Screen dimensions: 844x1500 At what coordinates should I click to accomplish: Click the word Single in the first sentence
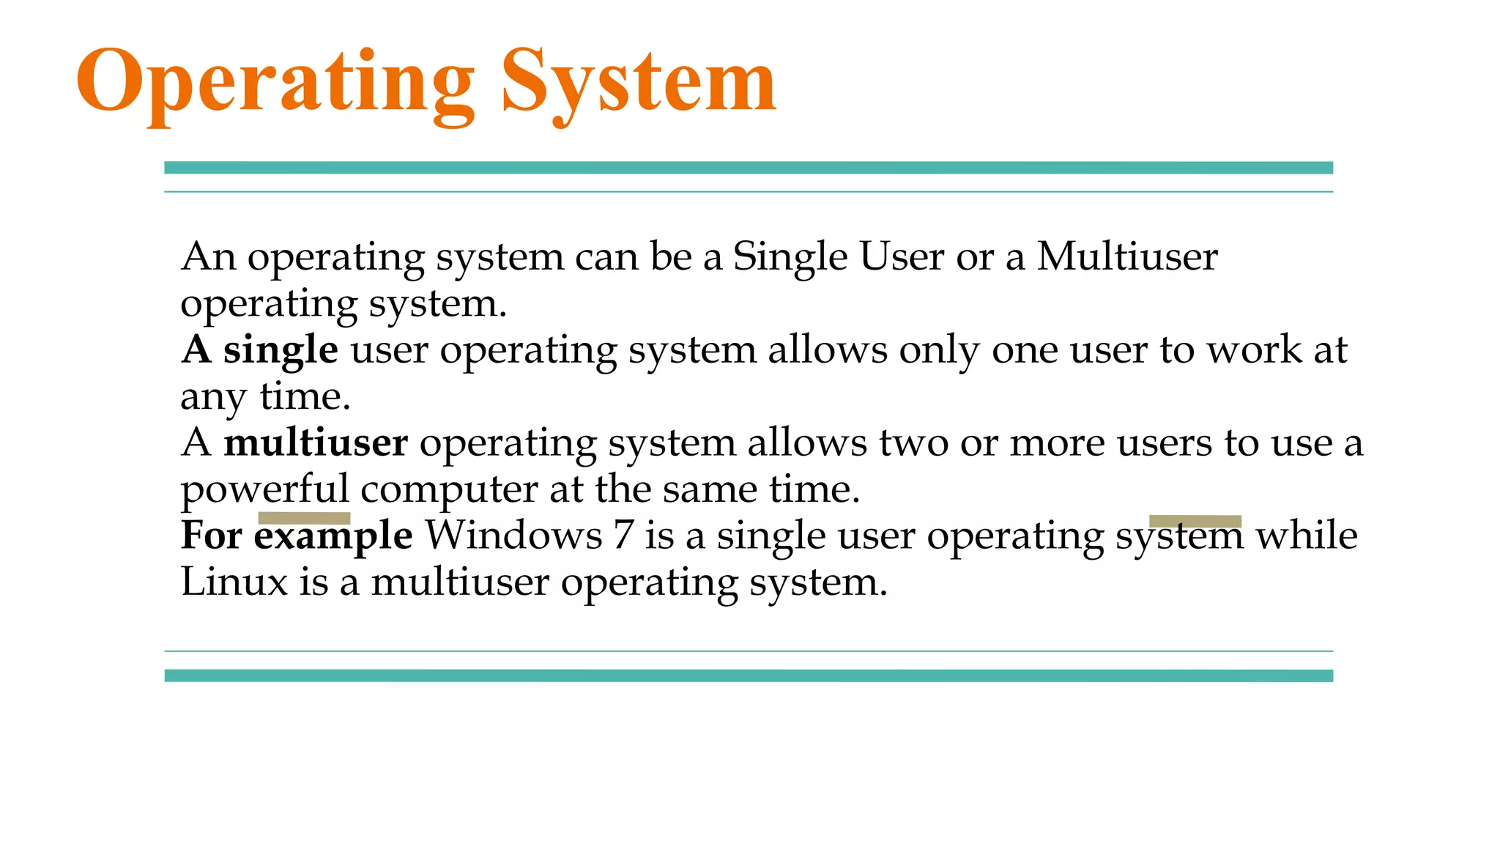click(x=790, y=258)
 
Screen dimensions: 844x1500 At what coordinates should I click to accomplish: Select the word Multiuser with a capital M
click(x=1127, y=256)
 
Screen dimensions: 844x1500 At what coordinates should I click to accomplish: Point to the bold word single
click(x=281, y=349)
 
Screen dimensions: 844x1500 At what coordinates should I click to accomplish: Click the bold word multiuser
click(x=316, y=443)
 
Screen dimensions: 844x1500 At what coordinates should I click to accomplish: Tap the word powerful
click(x=264, y=489)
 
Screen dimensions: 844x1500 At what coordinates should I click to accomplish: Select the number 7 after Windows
click(x=623, y=536)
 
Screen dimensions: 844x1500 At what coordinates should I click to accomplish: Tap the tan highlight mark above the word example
click(x=304, y=518)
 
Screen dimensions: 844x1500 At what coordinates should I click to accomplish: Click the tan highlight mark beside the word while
click(x=1195, y=521)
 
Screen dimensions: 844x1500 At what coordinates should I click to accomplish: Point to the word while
click(x=1307, y=536)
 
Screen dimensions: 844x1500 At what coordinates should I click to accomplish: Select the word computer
click(x=449, y=489)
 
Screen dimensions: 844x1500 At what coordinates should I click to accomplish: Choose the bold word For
click(x=212, y=536)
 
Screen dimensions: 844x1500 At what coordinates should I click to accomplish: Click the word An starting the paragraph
click(x=209, y=256)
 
